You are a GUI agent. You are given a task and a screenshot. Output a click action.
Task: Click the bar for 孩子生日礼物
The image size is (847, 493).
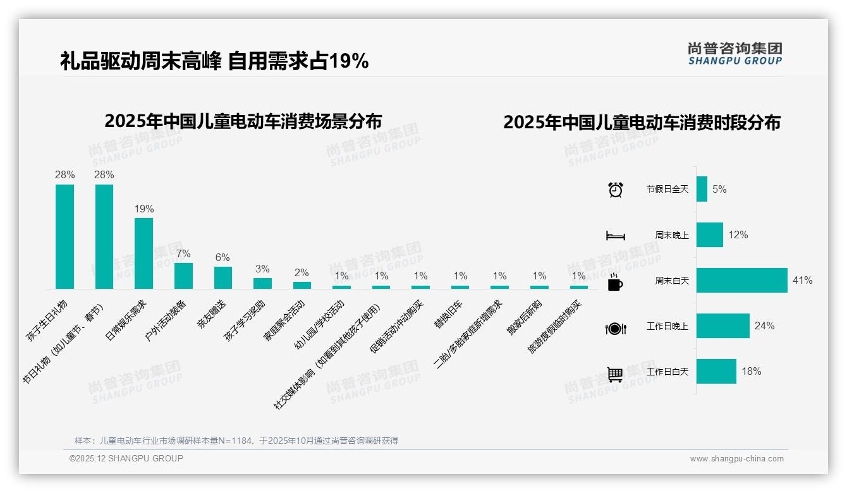click(x=64, y=236)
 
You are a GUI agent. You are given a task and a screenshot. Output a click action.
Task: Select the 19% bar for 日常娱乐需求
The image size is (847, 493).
click(x=143, y=253)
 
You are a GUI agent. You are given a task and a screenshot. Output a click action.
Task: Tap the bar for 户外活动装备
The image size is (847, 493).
click(x=183, y=276)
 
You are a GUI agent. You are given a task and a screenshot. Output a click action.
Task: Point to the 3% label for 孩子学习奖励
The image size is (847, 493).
click(x=262, y=269)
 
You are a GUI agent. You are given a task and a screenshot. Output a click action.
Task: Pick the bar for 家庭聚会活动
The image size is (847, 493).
click(x=302, y=285)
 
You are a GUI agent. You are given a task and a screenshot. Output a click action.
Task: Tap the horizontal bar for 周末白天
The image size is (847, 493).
click(x=741, y=280)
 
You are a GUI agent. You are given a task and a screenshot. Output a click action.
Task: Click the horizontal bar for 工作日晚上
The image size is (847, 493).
click(x=722, y=326)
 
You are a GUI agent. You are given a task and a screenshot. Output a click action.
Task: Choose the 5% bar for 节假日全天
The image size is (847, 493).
click(x=702, y=189)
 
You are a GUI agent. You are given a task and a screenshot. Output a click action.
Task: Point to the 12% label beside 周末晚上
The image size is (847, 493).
click(x=738, y=234)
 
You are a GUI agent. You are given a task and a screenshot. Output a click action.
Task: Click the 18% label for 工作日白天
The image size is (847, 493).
click(x=751, y=372)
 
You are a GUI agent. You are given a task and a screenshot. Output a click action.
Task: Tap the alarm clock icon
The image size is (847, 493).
click(x=615, y=190)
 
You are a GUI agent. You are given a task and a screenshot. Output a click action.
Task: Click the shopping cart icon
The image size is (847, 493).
click(x=615, y=374)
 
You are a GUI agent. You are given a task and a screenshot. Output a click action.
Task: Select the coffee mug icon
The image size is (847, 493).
click(x=615, y=283)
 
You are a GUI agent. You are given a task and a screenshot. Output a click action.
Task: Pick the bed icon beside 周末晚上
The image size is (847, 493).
click(x=615, y=236)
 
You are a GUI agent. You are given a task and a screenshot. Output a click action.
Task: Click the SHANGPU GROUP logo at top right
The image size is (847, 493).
click(x=734, y=54)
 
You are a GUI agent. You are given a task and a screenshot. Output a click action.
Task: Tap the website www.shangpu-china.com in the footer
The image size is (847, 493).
click(x=736, y=459)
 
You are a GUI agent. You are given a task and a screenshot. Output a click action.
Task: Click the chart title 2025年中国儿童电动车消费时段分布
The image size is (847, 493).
click(x=642, y=122)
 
